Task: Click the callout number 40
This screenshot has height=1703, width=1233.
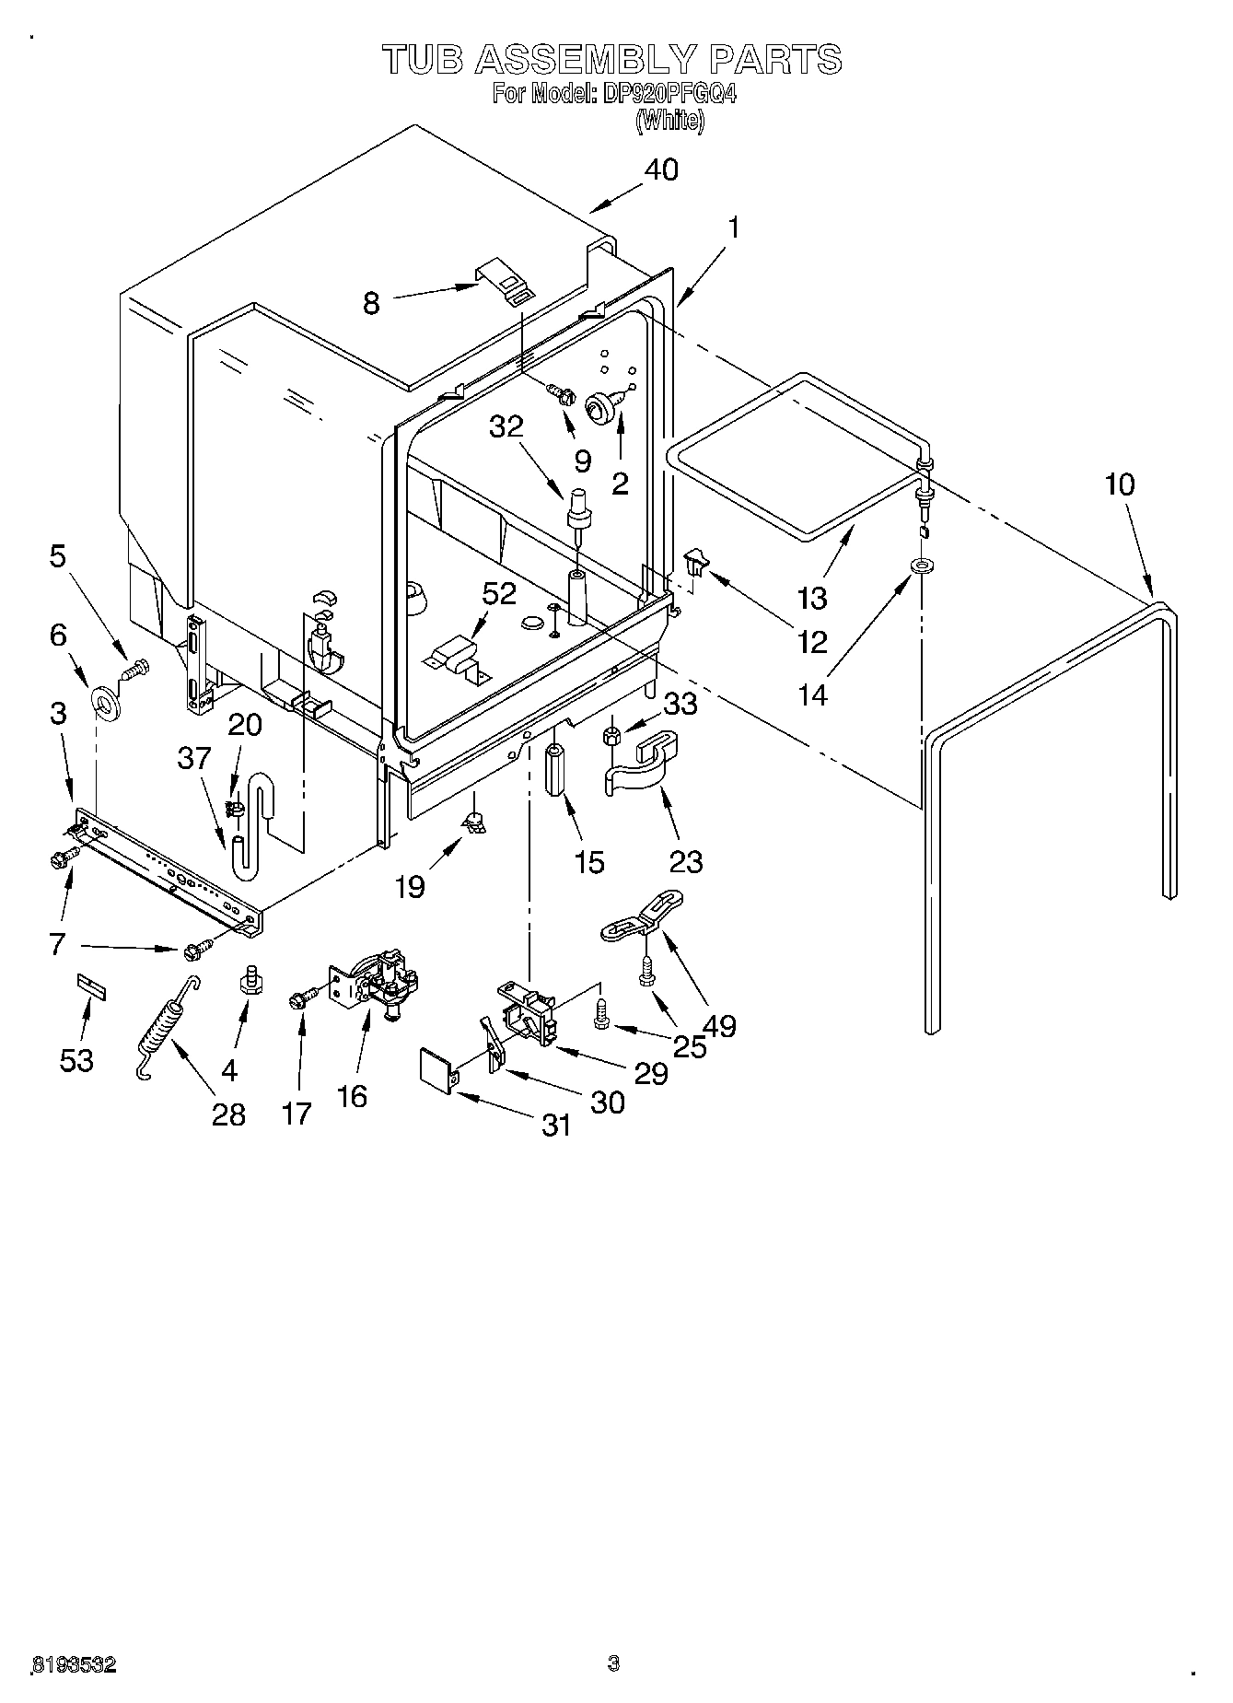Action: [x=661, y=169]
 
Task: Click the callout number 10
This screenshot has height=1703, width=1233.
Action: [x=1120, y=484]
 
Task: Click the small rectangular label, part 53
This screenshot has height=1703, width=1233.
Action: [x=91, y=989]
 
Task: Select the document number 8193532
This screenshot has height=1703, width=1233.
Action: [x=74, y=1663]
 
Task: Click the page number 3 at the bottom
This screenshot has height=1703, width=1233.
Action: [x=613, y=1662]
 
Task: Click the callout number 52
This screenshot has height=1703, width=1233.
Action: [x=499, y=594]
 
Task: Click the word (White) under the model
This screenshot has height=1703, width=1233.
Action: [x=669, y=121]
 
